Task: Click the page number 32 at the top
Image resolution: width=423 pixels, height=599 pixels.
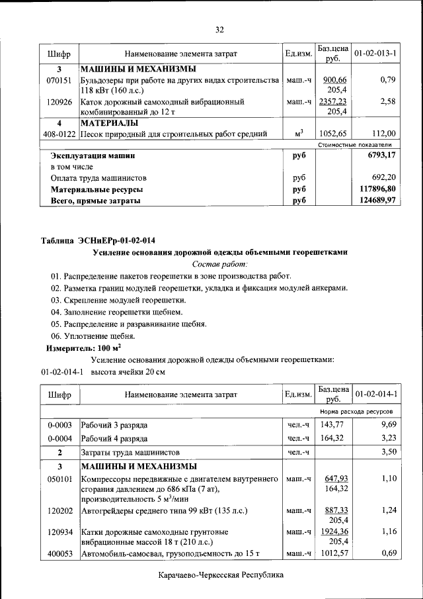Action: click(220, 29)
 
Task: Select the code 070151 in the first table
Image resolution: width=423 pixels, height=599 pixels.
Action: click(59, 80)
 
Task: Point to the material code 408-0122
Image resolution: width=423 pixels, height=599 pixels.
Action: click(59, 134)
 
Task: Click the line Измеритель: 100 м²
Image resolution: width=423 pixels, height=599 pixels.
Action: click(83, 347)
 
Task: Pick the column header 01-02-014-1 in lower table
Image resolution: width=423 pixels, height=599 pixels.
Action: click(375, 394)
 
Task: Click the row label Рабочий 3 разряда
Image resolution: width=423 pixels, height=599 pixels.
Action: click(114, 424)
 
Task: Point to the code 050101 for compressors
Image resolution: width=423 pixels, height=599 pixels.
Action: click(59, 478)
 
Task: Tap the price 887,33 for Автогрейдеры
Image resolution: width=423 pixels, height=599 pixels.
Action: click(334, 510)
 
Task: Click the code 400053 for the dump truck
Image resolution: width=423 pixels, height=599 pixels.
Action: click(59, 553)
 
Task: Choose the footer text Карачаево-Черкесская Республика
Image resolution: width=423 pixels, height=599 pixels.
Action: click(220, 575)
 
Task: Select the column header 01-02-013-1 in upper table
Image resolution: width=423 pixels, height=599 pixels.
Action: click(375, 52)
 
